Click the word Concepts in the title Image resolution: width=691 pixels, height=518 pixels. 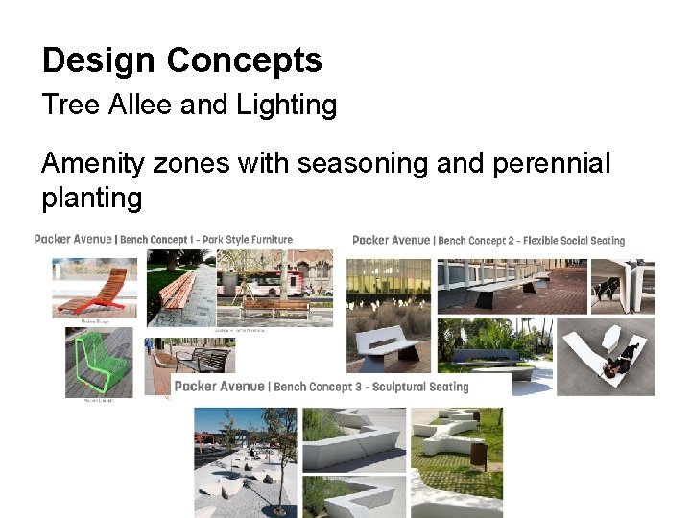(244, 61)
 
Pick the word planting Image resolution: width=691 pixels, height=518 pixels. (91, 199)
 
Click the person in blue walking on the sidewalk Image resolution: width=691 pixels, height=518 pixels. (148, 342)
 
